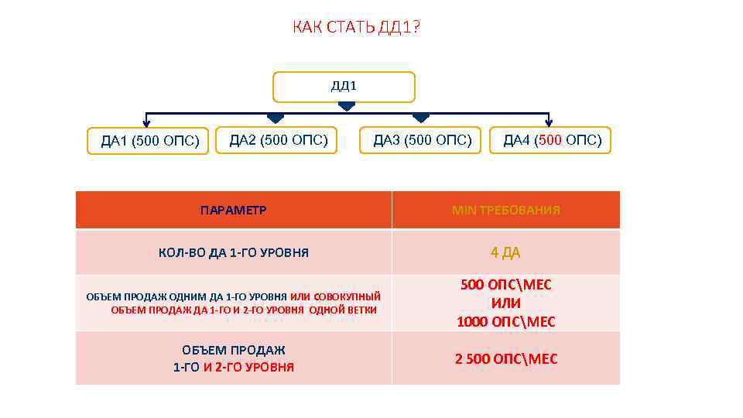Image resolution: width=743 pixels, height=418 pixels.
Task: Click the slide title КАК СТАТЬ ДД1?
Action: tap(357, 29)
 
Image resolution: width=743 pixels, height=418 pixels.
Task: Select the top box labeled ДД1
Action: tap(344, 87)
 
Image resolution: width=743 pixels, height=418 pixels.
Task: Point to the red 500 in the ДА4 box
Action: tap(550, 140)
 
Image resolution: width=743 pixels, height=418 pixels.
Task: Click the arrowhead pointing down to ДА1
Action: tap(147, 122)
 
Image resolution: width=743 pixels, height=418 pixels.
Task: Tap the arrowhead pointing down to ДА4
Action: tap(549, 122)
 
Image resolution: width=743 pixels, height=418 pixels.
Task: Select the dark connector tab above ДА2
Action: tap(275, 118)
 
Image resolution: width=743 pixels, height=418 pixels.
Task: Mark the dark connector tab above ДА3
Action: tap(420, 118)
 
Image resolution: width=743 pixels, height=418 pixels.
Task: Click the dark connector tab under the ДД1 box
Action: tap(347, 106)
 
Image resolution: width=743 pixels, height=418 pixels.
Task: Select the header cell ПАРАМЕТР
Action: tap(233, 210)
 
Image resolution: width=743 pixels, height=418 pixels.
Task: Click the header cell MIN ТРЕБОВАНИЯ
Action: tap(506, 210)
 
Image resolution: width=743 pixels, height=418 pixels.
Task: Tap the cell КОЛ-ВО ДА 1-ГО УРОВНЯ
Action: tap(233, 252)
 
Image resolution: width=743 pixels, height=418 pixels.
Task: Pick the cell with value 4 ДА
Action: tap(505, 252)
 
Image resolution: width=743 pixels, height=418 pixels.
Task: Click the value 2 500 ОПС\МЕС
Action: tap(506, 359)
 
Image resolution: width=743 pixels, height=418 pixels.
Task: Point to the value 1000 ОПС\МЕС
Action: tap(506, 321)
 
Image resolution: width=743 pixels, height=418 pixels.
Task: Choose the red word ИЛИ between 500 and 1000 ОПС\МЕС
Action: tap(506, 303)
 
